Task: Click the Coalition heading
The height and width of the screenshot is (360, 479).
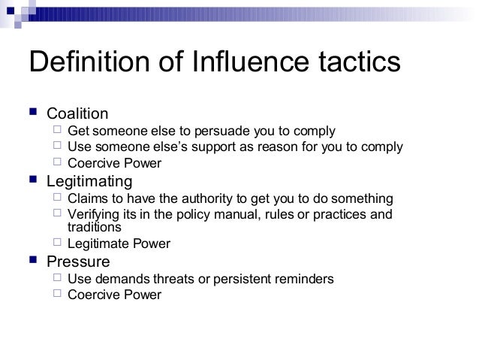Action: tap(77, 114)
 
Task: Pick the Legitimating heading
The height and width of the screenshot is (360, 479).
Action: tap(89, 181)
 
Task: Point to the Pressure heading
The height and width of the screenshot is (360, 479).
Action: tap(78, 262)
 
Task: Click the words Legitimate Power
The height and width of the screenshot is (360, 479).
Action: tap(119, 244)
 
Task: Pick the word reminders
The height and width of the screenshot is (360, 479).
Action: tap(303, 279)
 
